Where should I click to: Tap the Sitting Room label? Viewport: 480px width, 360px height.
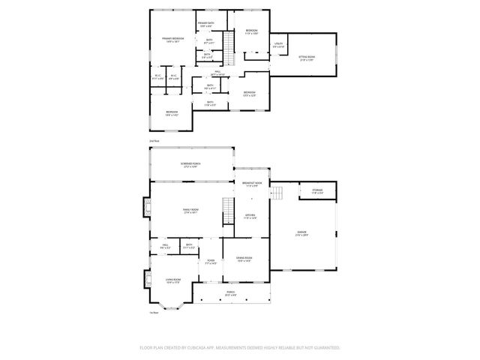307,57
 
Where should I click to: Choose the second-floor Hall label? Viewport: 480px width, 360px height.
217,73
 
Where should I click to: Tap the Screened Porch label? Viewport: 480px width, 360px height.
190,165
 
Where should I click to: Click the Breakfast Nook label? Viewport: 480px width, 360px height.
252,184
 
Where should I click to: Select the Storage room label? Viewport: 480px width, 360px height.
317,191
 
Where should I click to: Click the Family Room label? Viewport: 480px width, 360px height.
190,211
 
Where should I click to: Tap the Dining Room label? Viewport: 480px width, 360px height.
244,259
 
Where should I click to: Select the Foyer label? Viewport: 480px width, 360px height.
211,262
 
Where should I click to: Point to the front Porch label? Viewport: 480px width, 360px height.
231,294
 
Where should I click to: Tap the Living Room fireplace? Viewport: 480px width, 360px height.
145,279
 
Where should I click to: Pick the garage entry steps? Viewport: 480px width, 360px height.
277,193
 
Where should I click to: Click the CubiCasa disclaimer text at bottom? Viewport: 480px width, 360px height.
240,348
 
